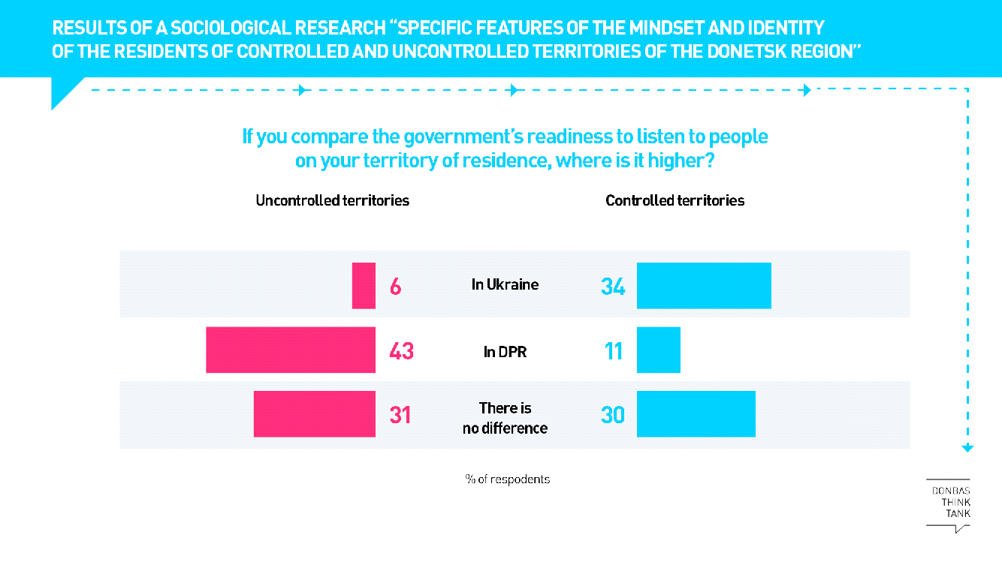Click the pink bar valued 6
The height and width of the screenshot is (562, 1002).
pyautogui.click(x=364, y=286)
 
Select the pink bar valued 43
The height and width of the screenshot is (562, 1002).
pyautogui.click(x=291, y=350)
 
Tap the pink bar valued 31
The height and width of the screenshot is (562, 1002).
pyautogui.click(x=314, y=413)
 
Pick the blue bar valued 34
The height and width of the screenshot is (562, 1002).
pyautogui.click(x=704, y=286)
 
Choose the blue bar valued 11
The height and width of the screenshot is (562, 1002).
pyautogui.click(x=658, y=350)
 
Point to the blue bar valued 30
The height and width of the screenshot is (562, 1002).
pyautogui.click(x=696, y=413)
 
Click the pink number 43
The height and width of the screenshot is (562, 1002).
pyautogui.click(x=402, y=350)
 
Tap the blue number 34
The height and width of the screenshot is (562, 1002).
pyautogui.click(x=613, y=287)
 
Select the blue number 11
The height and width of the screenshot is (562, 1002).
pyautogui.click(x=614, y=350)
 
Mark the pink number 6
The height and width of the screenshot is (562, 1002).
pyautogui.click(x=395, y=287)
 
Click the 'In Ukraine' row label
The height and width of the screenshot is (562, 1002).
pyautogui.click(x=505, y=285)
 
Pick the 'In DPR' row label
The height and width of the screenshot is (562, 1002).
pyautogui.click(x=505, y=350)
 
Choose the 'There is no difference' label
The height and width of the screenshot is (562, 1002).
pyautogui.click(x=505, y=418)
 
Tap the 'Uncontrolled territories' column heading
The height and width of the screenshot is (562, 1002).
pyautogui.click(x=332, y=200)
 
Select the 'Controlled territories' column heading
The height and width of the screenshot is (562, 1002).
pyautogui.click(x=675, y=200)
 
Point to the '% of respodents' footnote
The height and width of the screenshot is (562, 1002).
pyautogui.click(x=507, y=479)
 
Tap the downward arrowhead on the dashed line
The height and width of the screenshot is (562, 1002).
pyautogui.click(x=967, y=448)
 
